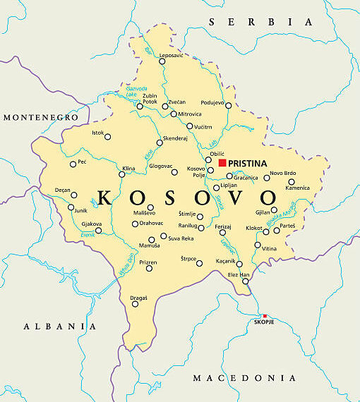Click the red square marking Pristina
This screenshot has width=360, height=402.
[x=222, y=162]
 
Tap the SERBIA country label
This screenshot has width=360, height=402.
[x=260, y=23]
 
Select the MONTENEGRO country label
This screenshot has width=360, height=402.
[x=39, y=116]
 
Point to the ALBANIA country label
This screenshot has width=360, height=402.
[x=59, y=326]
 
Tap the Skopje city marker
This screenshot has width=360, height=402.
[x=265, y=315]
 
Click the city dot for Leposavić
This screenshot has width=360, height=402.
[x=162, y=61]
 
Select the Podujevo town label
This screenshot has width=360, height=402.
[x=212, y=102]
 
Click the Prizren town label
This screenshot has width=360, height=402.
[x=148, y=262]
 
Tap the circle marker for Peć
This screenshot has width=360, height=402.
[x=73, y=164]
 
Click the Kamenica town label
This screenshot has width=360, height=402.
[x=298, y=188]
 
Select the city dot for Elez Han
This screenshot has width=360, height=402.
[x=246, y=281]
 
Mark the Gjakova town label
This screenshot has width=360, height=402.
[x=92, y=224]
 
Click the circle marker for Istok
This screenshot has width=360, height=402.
[x=107, y=137]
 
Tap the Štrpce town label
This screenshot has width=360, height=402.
[x=188, y=258]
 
